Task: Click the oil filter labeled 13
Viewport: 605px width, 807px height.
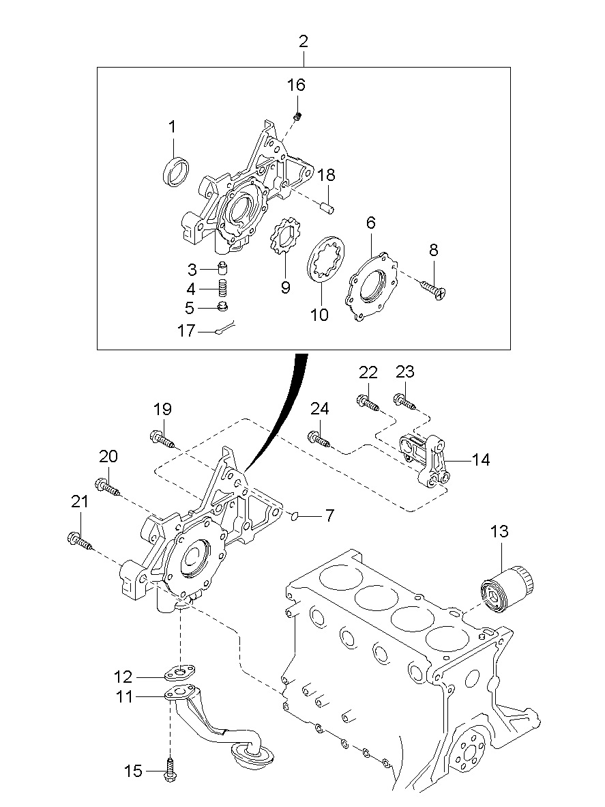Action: pyautogui.click(x=507, y=589)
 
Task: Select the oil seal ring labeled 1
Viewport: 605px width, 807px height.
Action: pyautogui.click(x=176, y=171)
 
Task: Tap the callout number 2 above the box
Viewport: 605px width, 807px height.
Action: pyautogui.click(x=304, y=42)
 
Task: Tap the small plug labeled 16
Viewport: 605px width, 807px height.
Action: pyautogui.click(x=297, y=117)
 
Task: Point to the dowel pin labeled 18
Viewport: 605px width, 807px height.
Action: pyautogui.click(x=327, y=207)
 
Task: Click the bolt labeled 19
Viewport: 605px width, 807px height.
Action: pyautogui.click(x=162, y=439)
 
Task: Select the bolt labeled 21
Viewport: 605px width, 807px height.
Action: pyautogui.click(x=80, y=541)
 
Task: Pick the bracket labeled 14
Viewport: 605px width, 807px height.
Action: pyautogui.click(x=426, y=459)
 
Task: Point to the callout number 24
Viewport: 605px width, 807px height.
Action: pyautogui.click(x=320, y=409)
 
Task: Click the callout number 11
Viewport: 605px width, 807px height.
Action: pyautogui.click(x=124, y=697)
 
